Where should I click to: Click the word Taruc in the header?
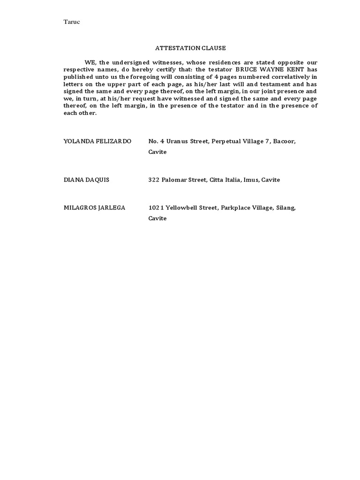[72, 22]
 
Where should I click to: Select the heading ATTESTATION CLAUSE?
[190, 48]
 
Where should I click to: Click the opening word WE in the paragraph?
[89, 62]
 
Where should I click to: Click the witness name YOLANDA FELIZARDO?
[97, 142]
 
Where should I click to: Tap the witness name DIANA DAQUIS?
[86, 180]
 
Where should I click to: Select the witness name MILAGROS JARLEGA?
[94, 208]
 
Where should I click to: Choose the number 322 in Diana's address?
[154, 180]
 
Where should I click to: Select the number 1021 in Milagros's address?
[155, 208]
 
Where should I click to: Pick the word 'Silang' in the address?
[286, 208]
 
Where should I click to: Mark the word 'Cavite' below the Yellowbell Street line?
[157, 218]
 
